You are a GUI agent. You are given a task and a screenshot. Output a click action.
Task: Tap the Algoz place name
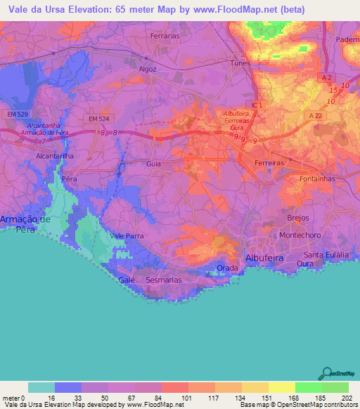(148, 70)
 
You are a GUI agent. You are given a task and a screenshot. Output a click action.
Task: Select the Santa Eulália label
(327, 254)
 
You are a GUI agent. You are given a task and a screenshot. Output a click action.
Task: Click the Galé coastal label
(127, 280)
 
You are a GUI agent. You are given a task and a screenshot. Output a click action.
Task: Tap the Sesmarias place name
(163, 280)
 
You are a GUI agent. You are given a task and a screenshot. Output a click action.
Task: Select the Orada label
(226, 268)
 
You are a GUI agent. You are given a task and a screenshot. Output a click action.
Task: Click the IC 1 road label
(255, 105)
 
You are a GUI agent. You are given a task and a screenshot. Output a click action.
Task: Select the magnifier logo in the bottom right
(326, 374)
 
